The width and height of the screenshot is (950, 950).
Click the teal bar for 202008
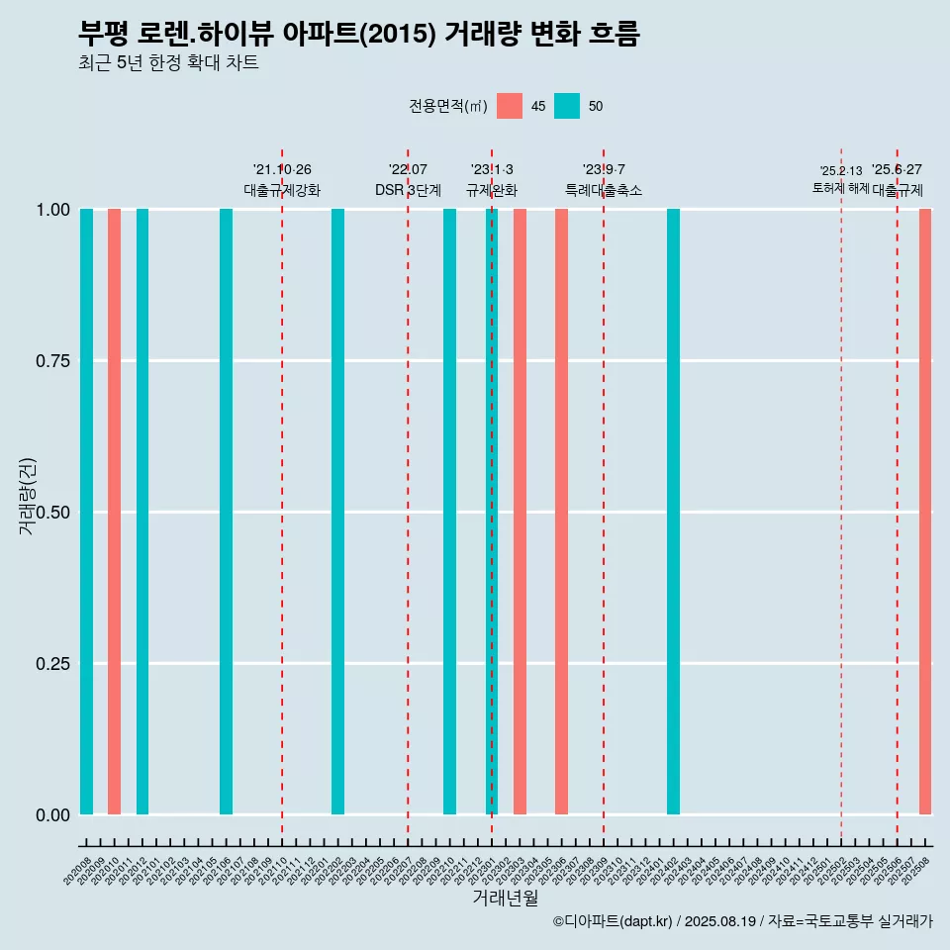pos(86,512)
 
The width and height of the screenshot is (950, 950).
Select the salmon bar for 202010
pos(114,512)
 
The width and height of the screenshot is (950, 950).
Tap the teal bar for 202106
pos(226,512)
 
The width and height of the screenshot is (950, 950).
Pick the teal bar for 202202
pos(337,512)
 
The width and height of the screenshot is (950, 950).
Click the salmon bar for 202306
pos(561,512)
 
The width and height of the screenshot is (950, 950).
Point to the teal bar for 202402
pos(673,512)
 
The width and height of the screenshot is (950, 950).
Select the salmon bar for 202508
pos(925,512)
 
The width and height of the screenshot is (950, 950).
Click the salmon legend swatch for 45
pos(510,106)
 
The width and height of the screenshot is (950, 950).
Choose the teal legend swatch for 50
pos(567,106)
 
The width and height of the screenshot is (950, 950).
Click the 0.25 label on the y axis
pos(51,664)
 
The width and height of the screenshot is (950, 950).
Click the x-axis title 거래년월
pos(505,898)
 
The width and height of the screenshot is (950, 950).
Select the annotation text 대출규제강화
pos(282,190)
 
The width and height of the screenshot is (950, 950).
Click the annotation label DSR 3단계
pos(408,190)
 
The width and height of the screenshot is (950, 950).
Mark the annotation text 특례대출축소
pos(604,190)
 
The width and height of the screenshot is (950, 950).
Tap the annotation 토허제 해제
pos(840,188)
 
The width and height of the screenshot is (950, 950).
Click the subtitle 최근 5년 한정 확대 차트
pos(168,63)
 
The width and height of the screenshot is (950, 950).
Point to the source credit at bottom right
pos(742,921)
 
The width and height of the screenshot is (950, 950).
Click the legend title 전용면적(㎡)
pos(447,106)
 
